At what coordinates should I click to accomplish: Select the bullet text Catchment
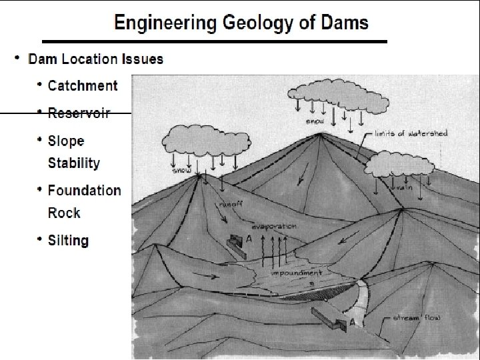(83, 85)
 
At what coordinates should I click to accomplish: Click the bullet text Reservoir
(79, 113)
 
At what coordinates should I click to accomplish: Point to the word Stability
(74, 163)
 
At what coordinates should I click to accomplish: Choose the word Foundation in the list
(85, 191)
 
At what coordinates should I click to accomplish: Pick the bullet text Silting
(68, 240)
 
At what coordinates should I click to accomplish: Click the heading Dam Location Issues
(95, 59)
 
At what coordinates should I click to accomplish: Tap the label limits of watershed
(411, 133)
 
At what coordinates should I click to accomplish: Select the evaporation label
(274, 227)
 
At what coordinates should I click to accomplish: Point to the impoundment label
(297, 273)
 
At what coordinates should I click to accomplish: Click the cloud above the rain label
(401, 164)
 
